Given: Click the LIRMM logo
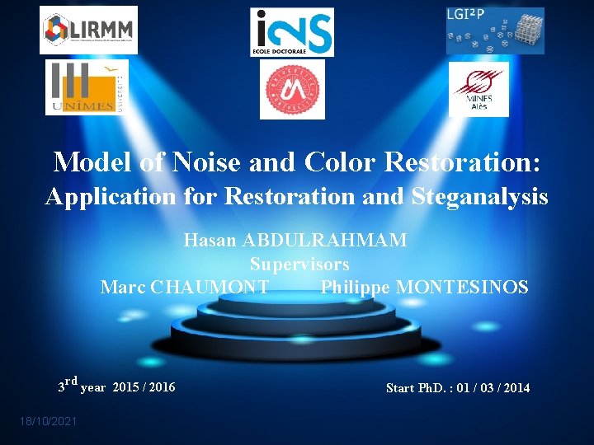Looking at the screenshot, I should coord(88,30).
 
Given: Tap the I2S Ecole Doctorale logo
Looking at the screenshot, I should coord(292,32).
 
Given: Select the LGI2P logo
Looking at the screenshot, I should coord(495,30).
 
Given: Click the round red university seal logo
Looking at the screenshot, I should coord(292,90).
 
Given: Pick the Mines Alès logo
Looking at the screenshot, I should coord(478,90).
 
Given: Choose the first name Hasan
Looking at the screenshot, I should coord(209,240).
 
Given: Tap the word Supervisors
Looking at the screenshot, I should coord(299,265).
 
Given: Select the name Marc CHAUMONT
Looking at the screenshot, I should coord(184,288).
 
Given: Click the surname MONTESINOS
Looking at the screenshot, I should coord(463,288).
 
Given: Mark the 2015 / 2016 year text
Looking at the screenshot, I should coord(144,386).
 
